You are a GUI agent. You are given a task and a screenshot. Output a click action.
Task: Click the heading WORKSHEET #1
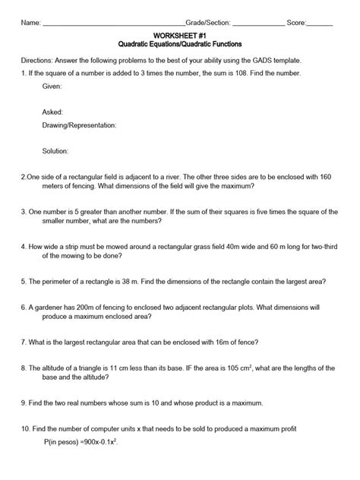coord(180,35)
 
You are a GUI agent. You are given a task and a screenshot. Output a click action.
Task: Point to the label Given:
coord(52,87)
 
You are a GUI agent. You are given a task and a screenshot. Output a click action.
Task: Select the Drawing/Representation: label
coord(80,124)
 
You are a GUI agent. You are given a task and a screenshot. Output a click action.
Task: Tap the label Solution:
coord(56,151)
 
